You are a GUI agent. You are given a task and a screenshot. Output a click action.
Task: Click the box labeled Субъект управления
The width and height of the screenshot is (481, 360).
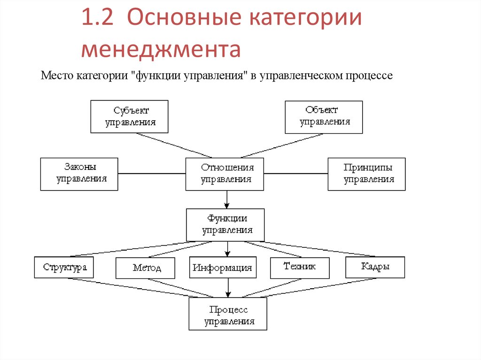[129, 116]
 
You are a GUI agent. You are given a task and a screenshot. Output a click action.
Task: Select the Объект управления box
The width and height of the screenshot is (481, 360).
[324, 116]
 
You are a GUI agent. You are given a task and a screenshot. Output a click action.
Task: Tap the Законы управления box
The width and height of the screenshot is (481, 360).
[79, 174]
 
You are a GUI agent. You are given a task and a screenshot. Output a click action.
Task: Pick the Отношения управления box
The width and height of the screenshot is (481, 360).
[225, 174]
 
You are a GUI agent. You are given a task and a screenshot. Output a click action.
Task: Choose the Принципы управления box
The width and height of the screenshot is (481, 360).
[366, 174]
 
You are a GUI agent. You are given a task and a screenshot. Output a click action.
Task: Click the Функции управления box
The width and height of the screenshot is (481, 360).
[225, 225]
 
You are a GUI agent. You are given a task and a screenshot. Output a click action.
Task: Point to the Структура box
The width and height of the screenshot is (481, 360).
[64, 268]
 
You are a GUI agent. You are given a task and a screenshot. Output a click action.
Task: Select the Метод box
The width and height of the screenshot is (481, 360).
[145, 268]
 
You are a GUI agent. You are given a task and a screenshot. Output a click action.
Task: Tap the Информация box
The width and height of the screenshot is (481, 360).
[223, 268]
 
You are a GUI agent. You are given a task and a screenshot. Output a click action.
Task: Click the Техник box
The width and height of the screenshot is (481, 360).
[299, 267]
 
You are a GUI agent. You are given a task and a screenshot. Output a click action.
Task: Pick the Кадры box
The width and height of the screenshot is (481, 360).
[375, 267]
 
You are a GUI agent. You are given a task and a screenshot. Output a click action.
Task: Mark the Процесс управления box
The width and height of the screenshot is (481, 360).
[228, 315]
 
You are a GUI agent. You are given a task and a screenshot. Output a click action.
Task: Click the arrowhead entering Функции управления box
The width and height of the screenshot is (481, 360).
[226, 206]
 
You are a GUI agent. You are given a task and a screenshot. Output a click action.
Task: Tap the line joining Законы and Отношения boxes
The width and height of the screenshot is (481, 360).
[152, 174]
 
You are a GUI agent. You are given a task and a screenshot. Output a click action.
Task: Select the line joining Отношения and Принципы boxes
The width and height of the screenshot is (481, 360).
[295, 174]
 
